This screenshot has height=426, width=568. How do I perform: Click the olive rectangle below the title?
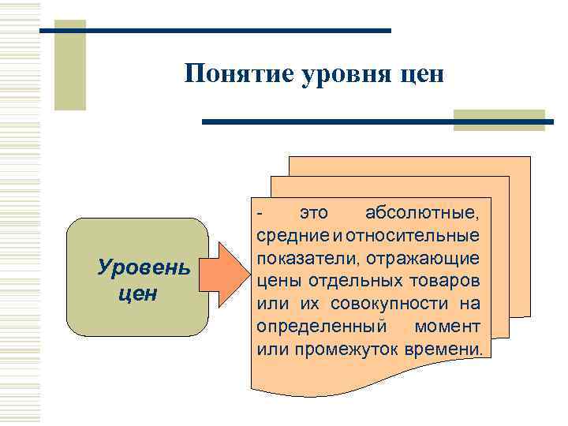coord(499,120)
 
